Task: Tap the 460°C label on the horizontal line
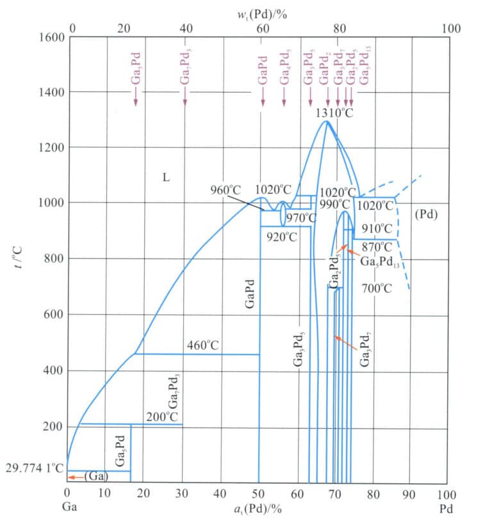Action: coord(203,346)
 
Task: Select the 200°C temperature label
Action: coord(161,417)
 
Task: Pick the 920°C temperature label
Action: coord(282,237)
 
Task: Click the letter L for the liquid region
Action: coord(165,177)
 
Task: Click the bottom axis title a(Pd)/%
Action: coord(258,509)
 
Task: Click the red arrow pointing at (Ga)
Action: coord(76,477)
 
